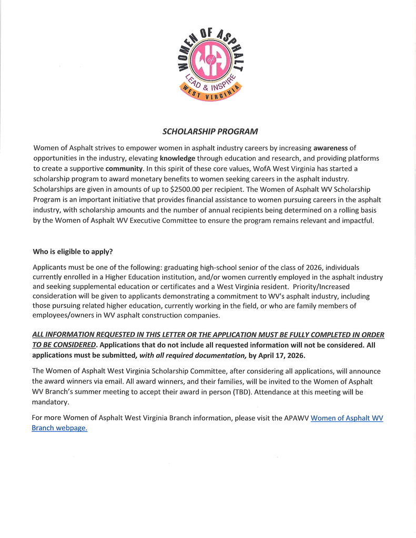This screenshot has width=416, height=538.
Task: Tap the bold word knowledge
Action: click(178, 158)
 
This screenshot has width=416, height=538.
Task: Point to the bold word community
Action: click(124, 169)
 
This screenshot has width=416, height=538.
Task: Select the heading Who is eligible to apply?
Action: click(73, 251)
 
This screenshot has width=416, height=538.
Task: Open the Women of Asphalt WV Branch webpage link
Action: click(347, 418)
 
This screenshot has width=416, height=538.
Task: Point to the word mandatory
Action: click(50, 402)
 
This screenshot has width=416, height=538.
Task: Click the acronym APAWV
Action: click(294, 418)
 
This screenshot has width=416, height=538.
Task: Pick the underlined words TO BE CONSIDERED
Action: click(64, 345)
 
